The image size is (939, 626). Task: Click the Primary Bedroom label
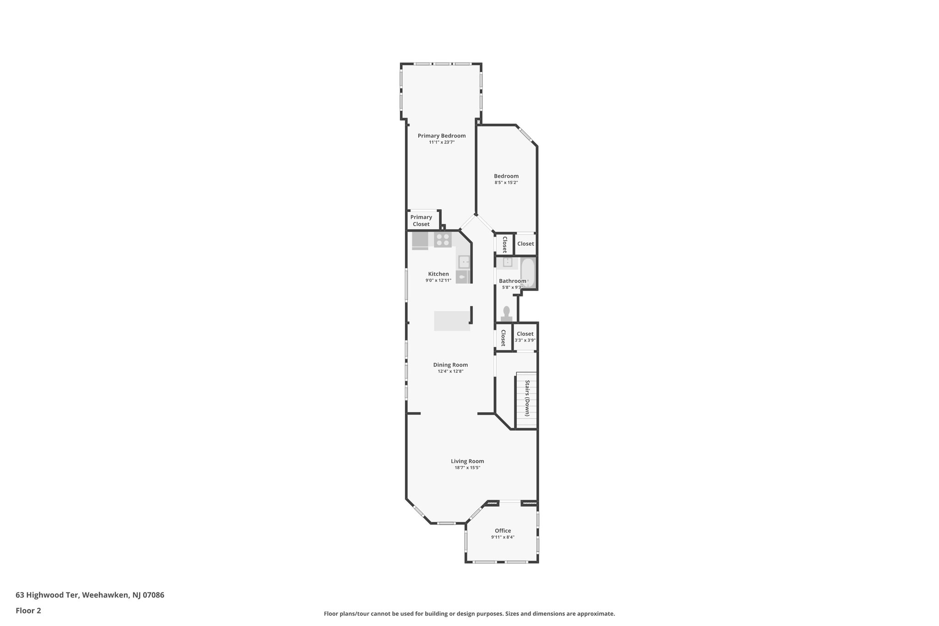pos(442,136)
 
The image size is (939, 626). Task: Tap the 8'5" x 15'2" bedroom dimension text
pos(506,183)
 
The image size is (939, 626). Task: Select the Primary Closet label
pos(421,221)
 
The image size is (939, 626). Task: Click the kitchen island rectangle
pos(453,321)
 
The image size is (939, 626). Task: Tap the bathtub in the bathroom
pos(528,273)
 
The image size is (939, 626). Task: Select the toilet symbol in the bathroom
pos(506,313)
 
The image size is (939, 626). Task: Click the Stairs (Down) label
pos(527,398)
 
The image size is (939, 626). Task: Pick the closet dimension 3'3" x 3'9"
pos(525,340)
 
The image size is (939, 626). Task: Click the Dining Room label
pos(450,365)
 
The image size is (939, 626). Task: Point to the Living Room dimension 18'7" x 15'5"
pos(467,468)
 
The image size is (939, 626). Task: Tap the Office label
pos(503,531)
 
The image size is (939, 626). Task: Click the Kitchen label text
pos(438,274)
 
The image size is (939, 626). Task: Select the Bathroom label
pos(512,281)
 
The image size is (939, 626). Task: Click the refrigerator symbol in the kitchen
pos(420,241)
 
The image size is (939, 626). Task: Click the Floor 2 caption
pos(28,610)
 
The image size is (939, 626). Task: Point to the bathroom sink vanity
pos(508,262)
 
